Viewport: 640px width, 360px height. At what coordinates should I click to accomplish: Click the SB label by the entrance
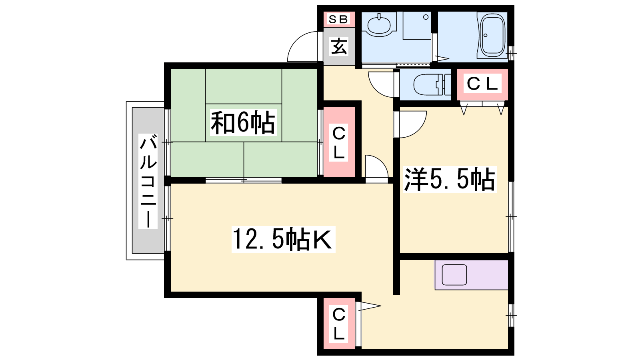point(338,19)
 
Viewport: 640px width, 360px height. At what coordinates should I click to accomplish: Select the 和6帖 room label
point(243,122)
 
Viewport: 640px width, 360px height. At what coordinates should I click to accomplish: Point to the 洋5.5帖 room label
point(450,179)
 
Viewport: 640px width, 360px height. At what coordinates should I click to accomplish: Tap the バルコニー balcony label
point(148,181)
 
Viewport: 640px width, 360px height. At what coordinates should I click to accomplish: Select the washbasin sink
point(379,25)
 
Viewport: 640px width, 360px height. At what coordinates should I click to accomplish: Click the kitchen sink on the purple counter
point(454,274)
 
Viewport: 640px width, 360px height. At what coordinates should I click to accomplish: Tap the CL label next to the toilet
point(482,84)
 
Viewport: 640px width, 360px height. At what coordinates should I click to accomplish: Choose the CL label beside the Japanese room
point(339,142)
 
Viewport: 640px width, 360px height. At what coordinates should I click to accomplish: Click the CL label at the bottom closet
point(339,324)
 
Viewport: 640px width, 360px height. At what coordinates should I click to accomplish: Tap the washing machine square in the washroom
point(417,26)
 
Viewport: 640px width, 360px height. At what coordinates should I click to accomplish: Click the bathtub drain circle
point(486,36)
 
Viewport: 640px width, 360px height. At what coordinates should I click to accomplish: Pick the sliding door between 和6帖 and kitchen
point(244,180)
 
